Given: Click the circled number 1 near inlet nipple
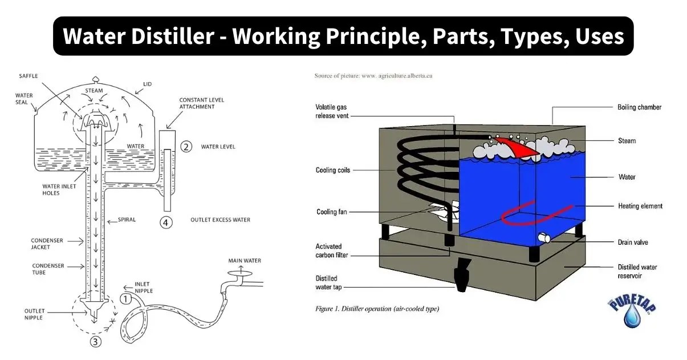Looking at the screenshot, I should pyautogui.click(x=126, y=298).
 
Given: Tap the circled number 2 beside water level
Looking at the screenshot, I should pyautogui.click(x=186, y=147).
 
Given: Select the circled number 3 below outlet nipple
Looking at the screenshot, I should pyautogui.click(x=96, y=342).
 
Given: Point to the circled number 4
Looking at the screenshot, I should pyautogui.click(x=166, y=223).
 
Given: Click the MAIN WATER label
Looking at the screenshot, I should pyautogui.click(x=245, y=261).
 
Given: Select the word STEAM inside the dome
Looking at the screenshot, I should pyautogui.click(x=94, y=91).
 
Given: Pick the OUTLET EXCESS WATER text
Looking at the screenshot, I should pyautogui.click(x=220, y=220).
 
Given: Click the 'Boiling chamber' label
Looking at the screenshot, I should pyautogui.click(x=639, y=107).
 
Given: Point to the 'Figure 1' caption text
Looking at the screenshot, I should pyautogui.click(x=376, y=309).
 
